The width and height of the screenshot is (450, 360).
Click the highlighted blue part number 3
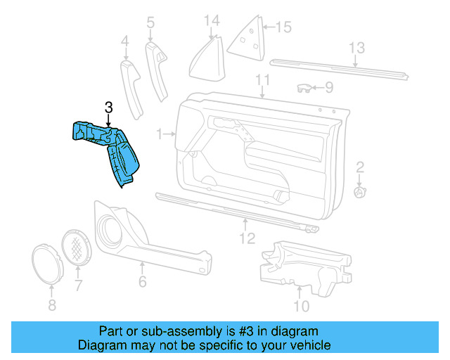click(x=109, y=150)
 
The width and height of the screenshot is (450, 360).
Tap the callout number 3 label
click(x=108, y=108)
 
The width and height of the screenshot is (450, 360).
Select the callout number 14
click(x=212, y=20)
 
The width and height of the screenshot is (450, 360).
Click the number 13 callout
click(x=357, y=49)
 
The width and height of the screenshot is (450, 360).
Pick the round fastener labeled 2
click(x=359, y=191)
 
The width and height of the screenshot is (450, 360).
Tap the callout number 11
click(x=263, y=79)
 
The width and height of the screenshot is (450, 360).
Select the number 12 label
click(x=246, y=239)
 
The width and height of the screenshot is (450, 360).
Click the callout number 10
click(x=300, y=307)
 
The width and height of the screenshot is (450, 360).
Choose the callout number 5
click(x=150, y=23)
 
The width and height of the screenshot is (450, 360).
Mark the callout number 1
click(x=160, y=133)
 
